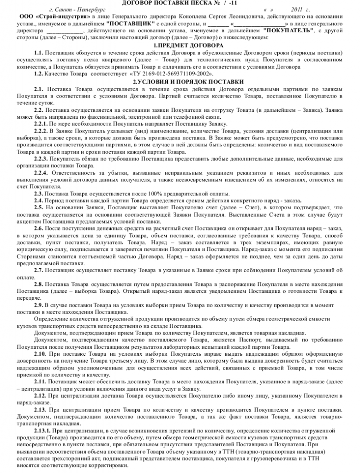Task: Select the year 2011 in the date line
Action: [x=297, y=10]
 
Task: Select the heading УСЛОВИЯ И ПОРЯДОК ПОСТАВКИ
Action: [x=182, y=81]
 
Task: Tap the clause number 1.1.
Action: [x=38, y=53]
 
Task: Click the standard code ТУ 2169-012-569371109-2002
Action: [x=170, y=74]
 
